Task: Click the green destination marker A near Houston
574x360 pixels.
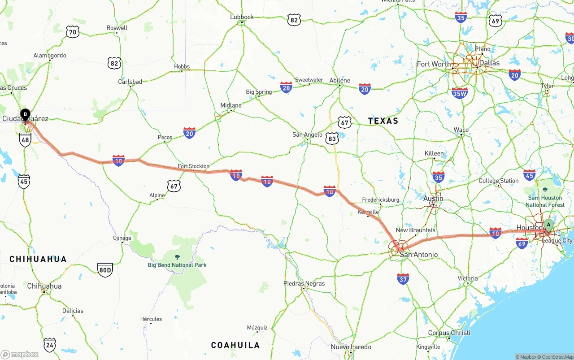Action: coord(548,225)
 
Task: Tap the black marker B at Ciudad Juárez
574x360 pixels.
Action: coord(26,114)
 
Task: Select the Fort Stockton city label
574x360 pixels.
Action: coord(193,166)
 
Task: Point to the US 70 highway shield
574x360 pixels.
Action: coord(72,31)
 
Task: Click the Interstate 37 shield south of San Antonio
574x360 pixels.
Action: coord(403,279)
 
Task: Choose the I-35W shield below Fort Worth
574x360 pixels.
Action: coord(460,93)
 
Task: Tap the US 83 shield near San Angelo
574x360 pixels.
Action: coord(332,139)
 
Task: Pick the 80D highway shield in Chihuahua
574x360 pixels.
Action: coord(105,269)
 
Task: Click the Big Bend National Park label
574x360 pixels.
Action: coord(177,265)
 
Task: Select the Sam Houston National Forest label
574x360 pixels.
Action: coord(545,201)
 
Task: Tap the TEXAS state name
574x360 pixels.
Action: coord(383,121)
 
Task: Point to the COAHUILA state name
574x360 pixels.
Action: coord(235,345)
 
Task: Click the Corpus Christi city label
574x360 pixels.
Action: coord(449,333)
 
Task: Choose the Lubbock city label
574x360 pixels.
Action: coord(242,17)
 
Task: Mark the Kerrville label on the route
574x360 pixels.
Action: coord(368,212)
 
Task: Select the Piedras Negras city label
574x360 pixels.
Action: coord(304,283)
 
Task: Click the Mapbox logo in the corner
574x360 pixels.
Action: coord(20,354)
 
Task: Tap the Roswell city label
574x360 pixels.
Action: coord(117,28)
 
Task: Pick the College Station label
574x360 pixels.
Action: coord(498,181)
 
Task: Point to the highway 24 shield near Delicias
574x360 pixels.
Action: coord(50,344)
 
